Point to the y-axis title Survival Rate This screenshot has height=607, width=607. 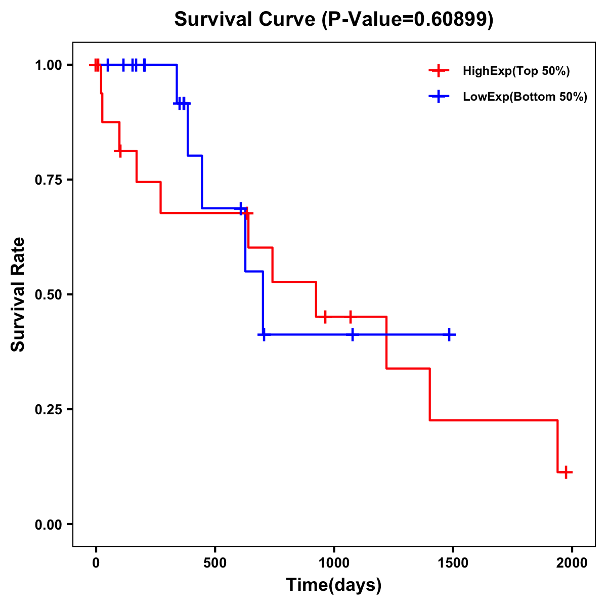click(18, 294)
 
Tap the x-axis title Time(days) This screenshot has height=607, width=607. click(334, 585)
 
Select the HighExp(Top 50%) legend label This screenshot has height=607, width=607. click(516, 71)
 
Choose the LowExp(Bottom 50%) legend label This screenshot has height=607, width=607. click(525, 97)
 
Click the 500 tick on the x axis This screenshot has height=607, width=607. click(215, 563)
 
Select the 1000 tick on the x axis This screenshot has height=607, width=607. click(334, 563)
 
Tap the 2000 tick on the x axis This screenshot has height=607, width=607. click(572, 563)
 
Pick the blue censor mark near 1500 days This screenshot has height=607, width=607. click(449, 334)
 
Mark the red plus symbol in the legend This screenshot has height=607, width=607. click(439, 71)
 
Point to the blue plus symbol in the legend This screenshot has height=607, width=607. click(439, 97)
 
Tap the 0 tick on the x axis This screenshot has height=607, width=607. click(96, 563)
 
